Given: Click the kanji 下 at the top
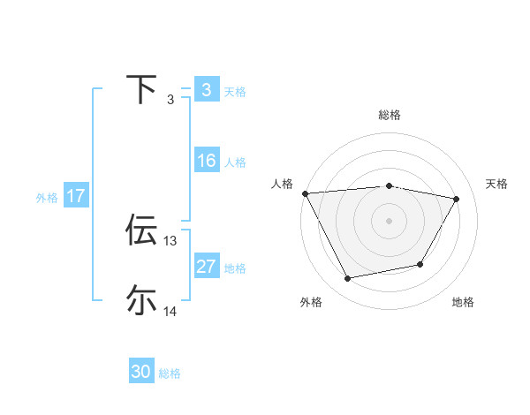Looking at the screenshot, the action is click(x=141, y=89).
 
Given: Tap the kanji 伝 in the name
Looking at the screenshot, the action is click(x=141, y=230).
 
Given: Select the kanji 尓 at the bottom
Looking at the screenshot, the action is click(x=141, y=300).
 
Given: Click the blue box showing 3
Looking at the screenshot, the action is click(x=206, y=90).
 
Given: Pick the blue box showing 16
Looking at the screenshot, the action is click(x=206, y=161).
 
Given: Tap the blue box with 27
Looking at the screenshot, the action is click(x=206, y=267).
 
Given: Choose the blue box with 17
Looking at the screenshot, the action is click(x=76, y=196).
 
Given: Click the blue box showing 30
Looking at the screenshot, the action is click(x=141, y=372).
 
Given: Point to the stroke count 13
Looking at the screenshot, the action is click(x=170, y=240).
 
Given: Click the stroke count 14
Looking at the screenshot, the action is click(x=170, y=311).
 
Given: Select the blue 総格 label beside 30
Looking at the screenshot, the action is click(x=170, y=373).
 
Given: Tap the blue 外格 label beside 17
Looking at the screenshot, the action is click(x=47, y=198).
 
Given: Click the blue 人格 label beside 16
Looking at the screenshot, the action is click(x=235, y=162).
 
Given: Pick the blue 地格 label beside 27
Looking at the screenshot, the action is click(x=235, y=268).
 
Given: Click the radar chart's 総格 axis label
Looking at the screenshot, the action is click(x=389, y=115).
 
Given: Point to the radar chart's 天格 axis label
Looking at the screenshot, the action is click(x=497, y=184).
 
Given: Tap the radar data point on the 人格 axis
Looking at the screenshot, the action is click(x=305, y=192).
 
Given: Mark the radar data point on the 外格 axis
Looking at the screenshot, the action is click(x=347, y=279).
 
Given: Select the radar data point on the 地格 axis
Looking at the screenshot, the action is click(x=420, y=264).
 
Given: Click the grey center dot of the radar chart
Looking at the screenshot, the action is click(x=389, y=220).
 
